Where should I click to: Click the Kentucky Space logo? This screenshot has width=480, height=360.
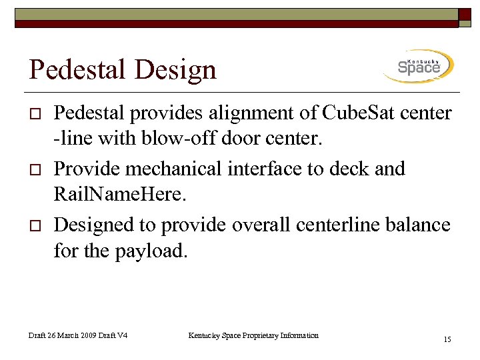click(419, 66)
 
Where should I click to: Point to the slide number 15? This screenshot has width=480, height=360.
click(447, 340)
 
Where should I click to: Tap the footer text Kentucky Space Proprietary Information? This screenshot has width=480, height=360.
click(253, 335)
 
